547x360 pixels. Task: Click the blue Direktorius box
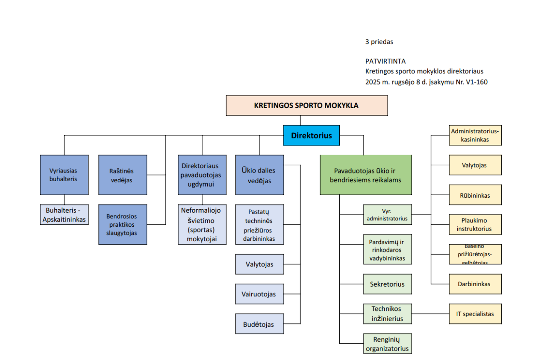pos(311,135)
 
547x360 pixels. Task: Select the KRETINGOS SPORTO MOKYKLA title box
pos(306,105)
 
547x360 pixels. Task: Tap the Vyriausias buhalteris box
pos(64,175)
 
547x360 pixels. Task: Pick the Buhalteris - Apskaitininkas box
pos(64,215)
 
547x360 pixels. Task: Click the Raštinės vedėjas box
pos(123,175)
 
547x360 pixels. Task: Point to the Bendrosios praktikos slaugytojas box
pos(123,224)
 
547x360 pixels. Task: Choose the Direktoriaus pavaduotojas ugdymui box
pos(202,175)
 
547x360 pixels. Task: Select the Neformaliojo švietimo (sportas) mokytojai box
pos(202,224)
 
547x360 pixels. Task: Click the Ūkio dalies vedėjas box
pos(259,175)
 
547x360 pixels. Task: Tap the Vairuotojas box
pos(259,294)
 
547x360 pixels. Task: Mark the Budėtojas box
pos(259,324)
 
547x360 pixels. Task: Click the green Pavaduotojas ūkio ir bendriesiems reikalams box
pos(366,175)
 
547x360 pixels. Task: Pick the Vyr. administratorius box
pos(388,214)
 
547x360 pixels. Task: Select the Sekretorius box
pos(388,284)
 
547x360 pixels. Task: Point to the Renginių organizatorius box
pos(388,344)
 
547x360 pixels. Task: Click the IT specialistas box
pos(475,314)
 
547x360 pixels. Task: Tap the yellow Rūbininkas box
pos(475,195)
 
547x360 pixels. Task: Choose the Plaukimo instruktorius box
pos(475,225)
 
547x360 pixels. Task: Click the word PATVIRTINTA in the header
pos(385,61)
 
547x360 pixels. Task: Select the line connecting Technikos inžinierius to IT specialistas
pos(430,314)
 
